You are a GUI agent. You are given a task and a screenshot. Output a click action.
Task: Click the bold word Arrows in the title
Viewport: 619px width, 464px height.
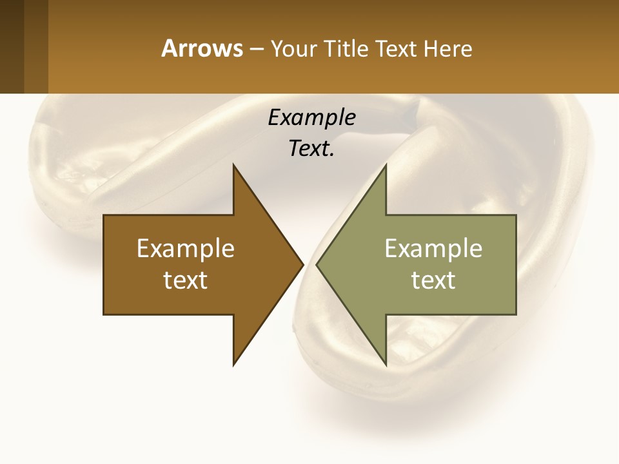coord(201,48)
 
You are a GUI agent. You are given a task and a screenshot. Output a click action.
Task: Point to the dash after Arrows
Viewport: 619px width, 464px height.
coord(256,49)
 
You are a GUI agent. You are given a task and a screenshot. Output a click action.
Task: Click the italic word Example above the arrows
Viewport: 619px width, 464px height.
coord(311,117)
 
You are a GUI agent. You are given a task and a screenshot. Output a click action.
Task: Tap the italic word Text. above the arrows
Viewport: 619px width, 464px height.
coord(310,149)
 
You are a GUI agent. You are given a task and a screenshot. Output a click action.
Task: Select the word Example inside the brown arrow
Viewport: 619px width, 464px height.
coord(186,249)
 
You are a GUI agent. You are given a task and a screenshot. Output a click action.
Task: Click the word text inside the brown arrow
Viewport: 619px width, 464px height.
coord(186,280)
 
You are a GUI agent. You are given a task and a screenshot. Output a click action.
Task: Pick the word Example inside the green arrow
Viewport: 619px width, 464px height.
coord(433,249)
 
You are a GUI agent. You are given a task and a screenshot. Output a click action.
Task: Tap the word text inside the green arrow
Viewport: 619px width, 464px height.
coord(433,280)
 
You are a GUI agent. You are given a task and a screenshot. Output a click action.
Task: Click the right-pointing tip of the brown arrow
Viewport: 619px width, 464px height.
coord(302,264)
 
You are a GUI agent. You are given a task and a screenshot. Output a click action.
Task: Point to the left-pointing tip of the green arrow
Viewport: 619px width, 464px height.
coord(317,264)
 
